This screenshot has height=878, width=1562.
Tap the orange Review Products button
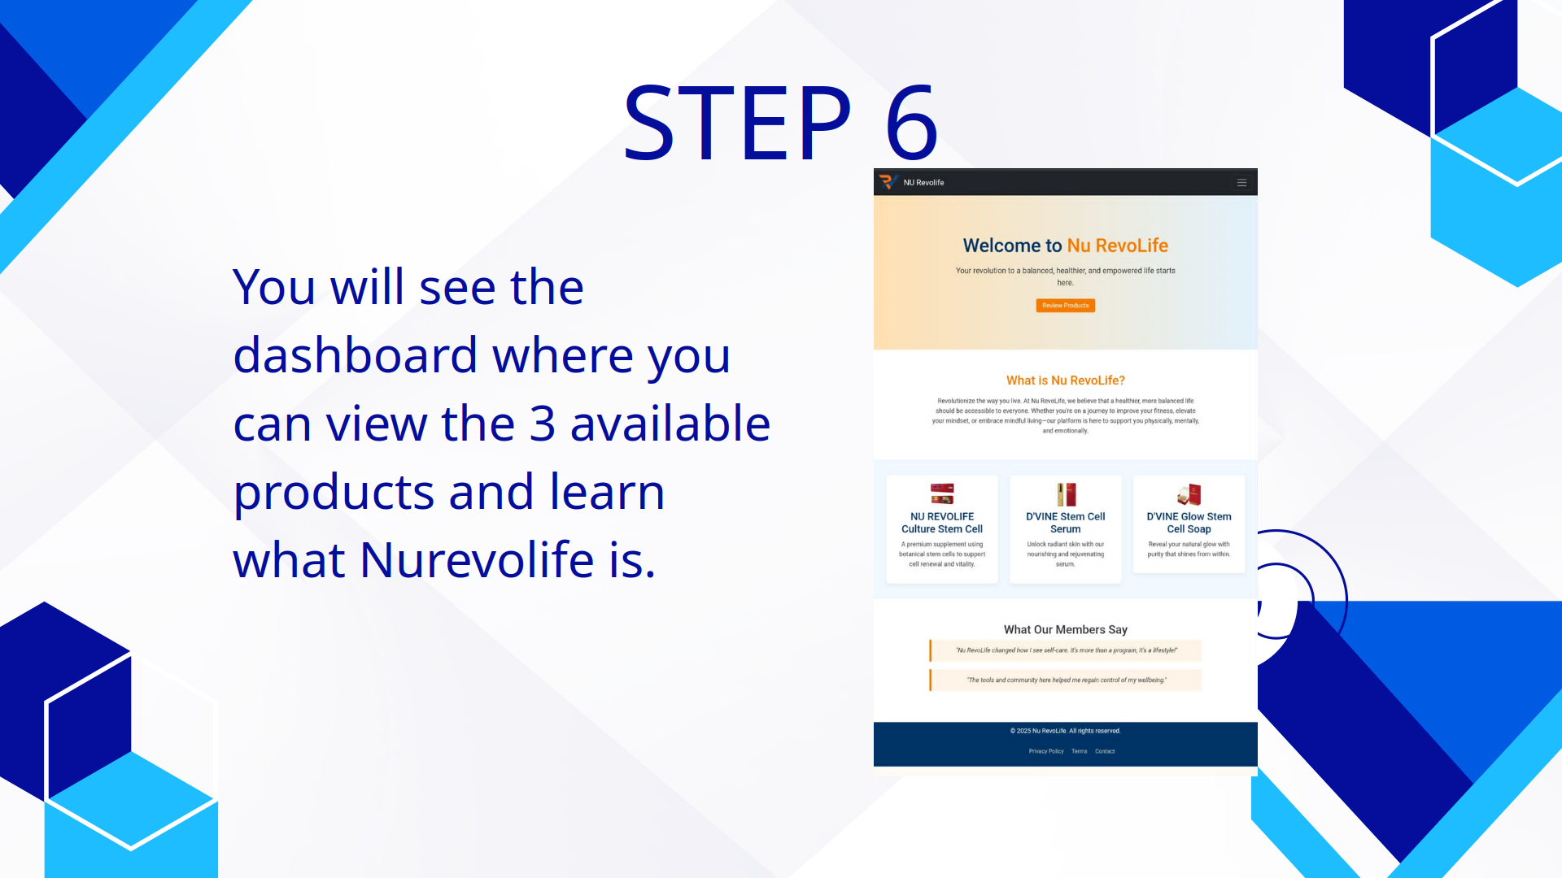point(1065,306)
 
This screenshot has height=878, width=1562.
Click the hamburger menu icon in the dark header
point(1241,183)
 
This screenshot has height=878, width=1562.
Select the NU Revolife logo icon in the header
point(888,182)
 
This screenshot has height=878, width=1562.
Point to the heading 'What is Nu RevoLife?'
point(1065,380)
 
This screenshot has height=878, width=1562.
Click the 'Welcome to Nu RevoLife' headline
point(1065,246)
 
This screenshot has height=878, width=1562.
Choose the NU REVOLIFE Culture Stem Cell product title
point(941,523)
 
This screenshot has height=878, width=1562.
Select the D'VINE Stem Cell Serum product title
point(1065,523)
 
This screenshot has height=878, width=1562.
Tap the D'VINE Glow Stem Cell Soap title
point(1189,523)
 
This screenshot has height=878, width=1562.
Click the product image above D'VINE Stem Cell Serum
point(1066,494)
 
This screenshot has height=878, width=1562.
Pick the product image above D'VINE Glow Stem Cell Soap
point(1189,494)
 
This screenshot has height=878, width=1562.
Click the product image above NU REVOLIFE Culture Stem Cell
point(942,493)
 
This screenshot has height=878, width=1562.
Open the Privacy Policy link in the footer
point(1045,751)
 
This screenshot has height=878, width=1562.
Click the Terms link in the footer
point(1079,751)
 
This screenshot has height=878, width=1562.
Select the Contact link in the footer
point(1105,751)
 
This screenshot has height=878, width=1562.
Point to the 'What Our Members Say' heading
point(1065,630)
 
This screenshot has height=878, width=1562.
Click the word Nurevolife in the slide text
point(477,560)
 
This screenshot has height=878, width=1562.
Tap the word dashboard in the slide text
point(355,356)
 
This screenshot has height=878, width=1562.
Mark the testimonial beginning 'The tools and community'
point(1066,680)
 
